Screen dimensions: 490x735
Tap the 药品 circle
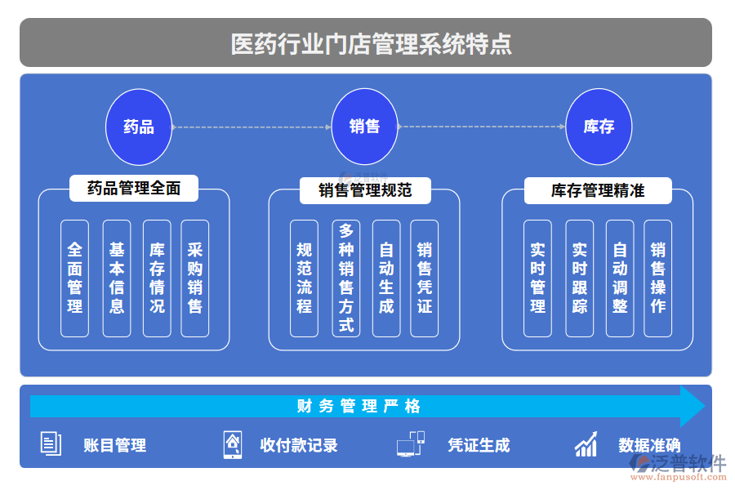pos(139,127)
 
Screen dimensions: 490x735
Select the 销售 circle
pos(364,127)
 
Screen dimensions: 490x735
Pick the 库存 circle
pos(599,127)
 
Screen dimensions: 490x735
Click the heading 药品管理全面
pos(134,189)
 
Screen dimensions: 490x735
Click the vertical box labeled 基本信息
pos(117,278)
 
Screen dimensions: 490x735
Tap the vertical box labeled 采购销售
pos(195,278)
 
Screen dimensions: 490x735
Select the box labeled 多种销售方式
pos(346,278)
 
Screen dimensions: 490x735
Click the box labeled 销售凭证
pos(425,278)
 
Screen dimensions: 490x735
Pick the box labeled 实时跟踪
pos(579,278)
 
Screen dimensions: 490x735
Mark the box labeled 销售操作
pos(658,278)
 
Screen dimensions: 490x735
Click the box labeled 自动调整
pos(620,278)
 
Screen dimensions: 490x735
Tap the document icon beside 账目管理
pos(51,444)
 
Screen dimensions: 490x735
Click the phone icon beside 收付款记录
pos(233,444)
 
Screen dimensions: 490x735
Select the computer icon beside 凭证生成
pos(410,444)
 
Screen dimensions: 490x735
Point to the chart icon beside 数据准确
pos(586,444)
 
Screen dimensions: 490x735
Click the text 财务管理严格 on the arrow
pos(359,406)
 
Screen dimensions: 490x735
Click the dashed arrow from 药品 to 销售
pos(252,127)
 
